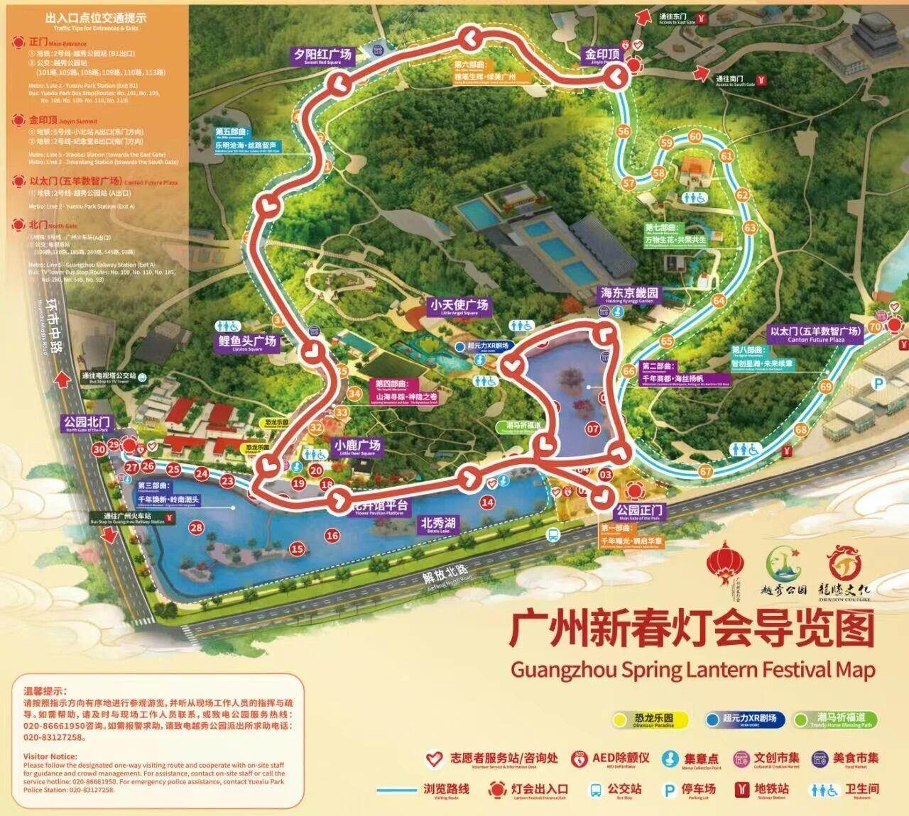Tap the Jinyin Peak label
[x=602, y=55]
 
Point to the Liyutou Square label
[x=246, y=342]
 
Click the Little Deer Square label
[x=357, y=447]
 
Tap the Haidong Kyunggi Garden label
[x=629, y=294]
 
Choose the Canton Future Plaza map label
[x=815, y=333]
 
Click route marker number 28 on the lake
[x=196, y=527]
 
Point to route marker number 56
[x=624, y=131]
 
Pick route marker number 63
[x=750, y=228]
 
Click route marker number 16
[x=332, y=536]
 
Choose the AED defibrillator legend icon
[x=581, y=758]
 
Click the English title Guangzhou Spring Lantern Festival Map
[x=693, y=669]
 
